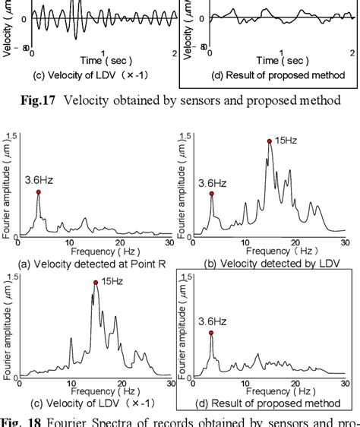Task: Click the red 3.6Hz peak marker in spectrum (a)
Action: (38, 193)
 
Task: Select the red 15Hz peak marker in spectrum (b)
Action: (269, 141)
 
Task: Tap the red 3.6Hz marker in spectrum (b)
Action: (212, 194)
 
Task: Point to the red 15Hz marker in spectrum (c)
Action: (96, 282)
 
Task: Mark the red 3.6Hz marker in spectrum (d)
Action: (211, 333)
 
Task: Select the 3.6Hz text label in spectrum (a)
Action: (39, 180)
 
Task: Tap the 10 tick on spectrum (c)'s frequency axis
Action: (71, 382)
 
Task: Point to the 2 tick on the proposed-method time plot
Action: (351, 52)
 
